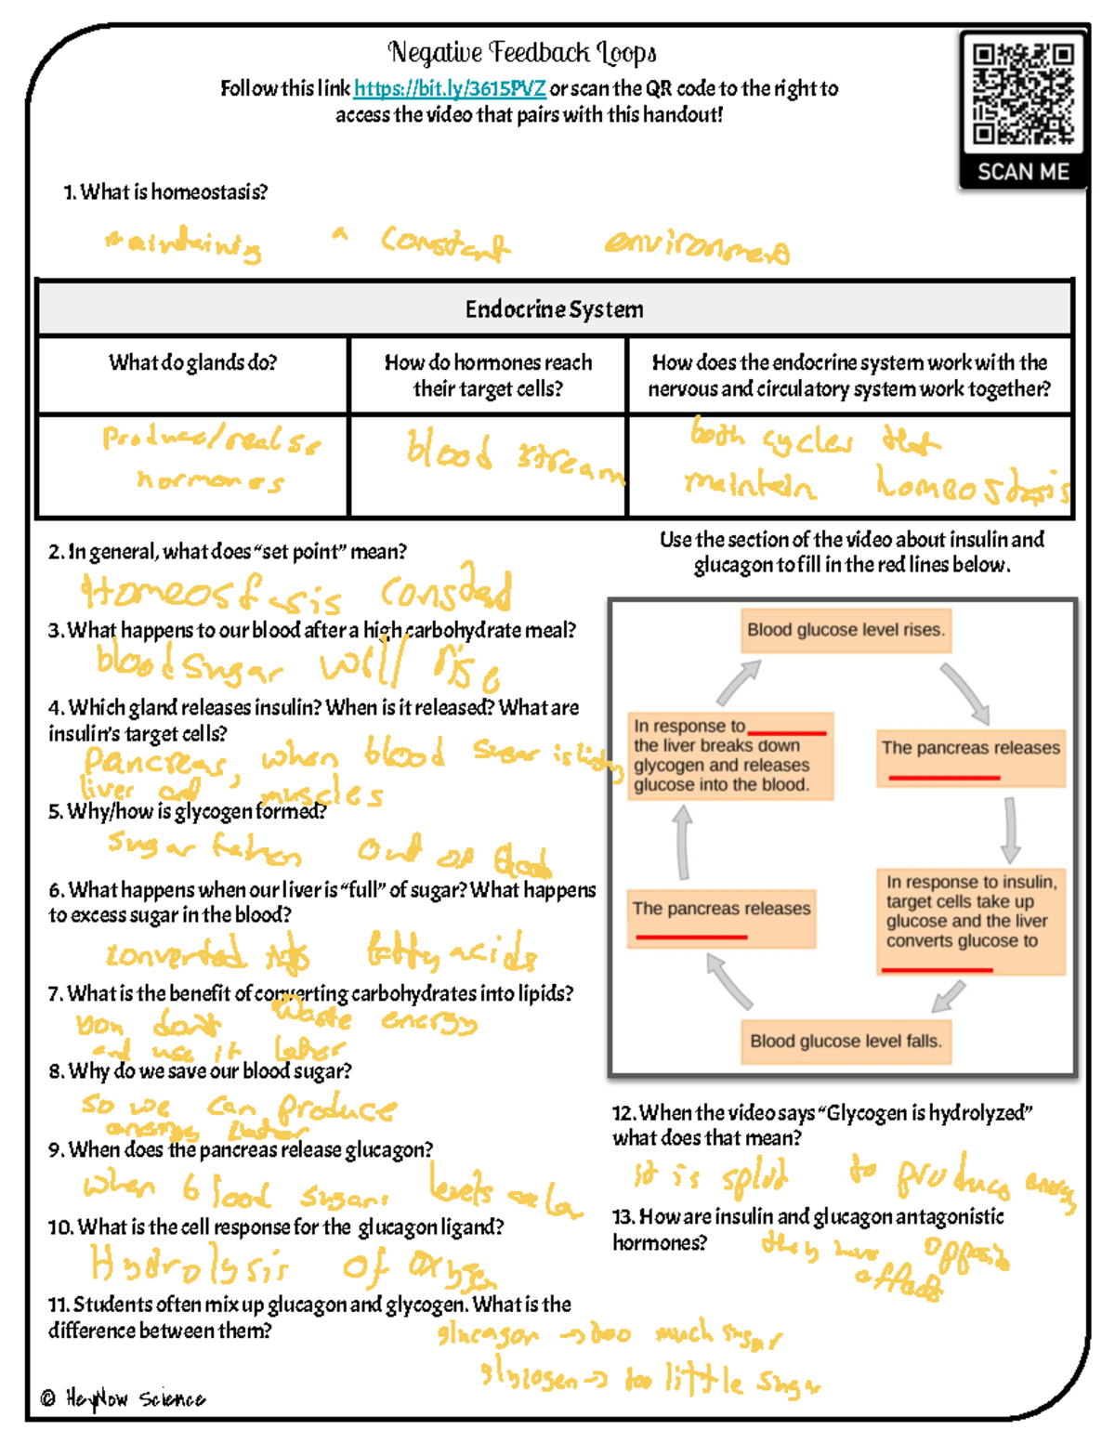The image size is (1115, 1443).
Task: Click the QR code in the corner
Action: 1022,94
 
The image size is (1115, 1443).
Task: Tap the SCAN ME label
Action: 1022,172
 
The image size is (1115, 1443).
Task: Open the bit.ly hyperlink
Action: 450,89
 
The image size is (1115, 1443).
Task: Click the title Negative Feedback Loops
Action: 522,53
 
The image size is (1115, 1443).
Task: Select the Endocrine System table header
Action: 554,309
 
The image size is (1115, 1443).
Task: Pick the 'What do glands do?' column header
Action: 192,362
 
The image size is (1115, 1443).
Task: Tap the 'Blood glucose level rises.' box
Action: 846,630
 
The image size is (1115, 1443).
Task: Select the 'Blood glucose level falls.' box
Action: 846,1041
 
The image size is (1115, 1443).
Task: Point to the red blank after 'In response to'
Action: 786,733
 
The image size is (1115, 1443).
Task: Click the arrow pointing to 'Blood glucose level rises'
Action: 739,683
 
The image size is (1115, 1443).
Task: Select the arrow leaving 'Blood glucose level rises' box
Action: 965,692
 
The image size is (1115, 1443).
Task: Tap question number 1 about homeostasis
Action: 165,192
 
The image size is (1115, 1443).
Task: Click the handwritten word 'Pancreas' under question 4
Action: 154,763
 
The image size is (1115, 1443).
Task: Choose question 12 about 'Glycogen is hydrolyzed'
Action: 821,1125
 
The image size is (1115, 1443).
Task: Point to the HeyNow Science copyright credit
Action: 124,1398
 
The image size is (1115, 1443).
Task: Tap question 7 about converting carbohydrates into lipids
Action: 310,993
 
